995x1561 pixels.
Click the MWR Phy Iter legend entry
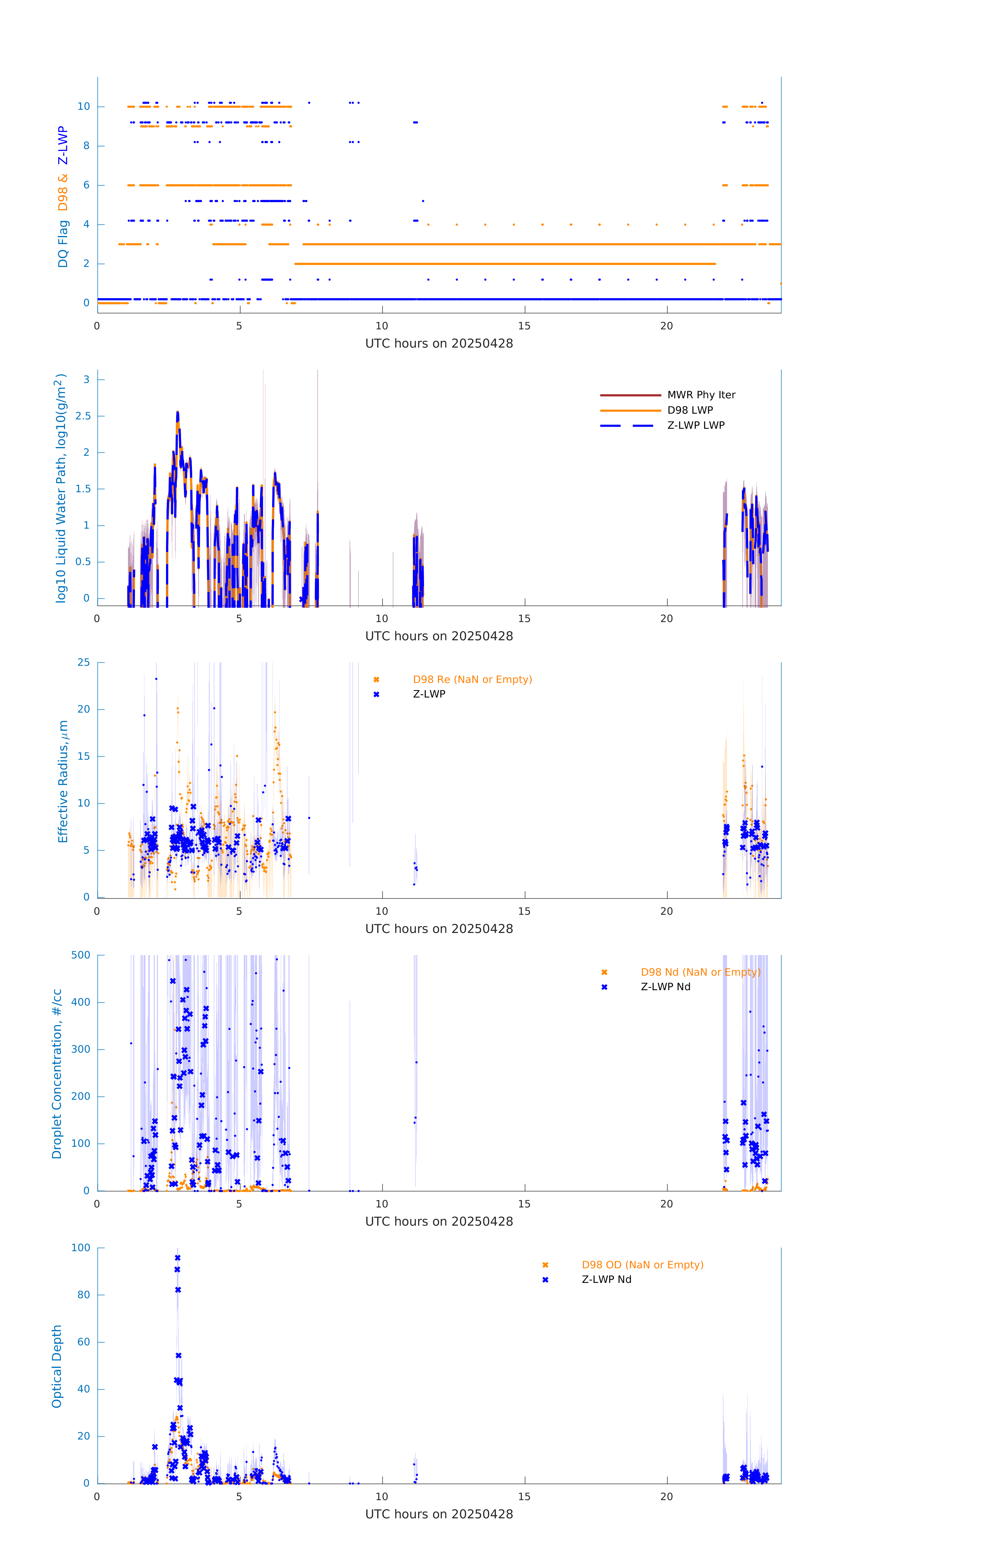tap(701, 395)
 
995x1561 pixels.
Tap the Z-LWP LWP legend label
tap(696, 425)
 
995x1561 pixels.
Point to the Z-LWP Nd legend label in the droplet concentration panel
tap(665, 987)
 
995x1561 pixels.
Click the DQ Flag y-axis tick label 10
tap(84, 106)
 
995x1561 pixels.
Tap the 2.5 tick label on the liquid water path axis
tap(83, 416)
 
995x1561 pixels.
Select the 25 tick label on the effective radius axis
tap(84, 663)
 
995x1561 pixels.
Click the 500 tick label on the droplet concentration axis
tap(81, 955)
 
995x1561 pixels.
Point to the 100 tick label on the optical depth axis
tap(81, 1248)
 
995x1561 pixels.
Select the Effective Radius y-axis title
tap(63, 781)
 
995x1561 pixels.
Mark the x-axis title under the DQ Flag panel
tap(439, 344)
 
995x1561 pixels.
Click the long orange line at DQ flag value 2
tap(506, 264)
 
